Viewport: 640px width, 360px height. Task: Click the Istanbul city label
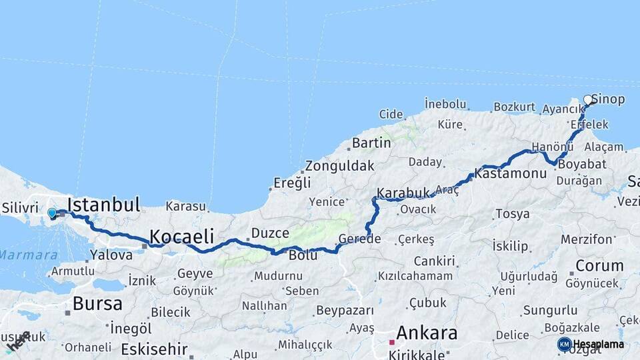coord(103,205)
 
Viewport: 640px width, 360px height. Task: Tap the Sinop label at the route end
coord(608,100)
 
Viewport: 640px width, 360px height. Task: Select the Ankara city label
coord(427,332)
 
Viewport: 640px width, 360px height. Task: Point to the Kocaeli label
coord(181,236)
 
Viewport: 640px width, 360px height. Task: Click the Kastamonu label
coord(511,173)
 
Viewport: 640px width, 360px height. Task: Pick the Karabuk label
coord(403,193)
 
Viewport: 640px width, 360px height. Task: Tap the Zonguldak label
coord(339,167)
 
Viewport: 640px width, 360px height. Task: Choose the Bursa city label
coord(97,304)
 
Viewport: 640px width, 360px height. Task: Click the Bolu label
coord(303,255)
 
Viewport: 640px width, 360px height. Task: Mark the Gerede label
coord(359,239)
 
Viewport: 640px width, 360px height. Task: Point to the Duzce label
coord(270,233)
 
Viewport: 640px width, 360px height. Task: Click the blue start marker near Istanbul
coord(52,213)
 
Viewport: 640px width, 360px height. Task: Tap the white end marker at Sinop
coord(588,99)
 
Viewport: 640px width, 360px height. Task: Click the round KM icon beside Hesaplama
coord(564,344)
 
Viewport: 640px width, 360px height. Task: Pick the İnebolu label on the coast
coord(445,104)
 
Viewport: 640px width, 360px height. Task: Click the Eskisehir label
coord(155,348)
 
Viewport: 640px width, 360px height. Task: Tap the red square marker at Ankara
coord(392,343)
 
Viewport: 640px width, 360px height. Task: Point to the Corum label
coord(599,265)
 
